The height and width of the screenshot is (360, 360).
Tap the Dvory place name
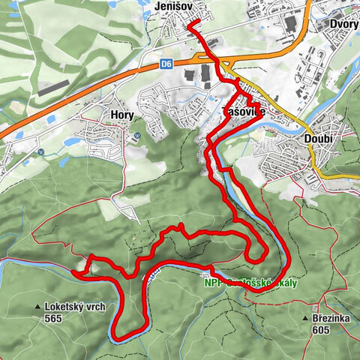344,23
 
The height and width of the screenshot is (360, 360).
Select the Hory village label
121,116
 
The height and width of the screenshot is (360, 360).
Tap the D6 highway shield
166,65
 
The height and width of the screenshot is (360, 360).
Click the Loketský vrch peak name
79,307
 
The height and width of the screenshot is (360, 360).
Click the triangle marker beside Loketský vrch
37,307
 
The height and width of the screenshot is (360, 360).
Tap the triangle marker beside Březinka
306,319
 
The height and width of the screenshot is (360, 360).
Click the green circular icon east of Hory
139,136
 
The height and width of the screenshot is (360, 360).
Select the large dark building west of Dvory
290,24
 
